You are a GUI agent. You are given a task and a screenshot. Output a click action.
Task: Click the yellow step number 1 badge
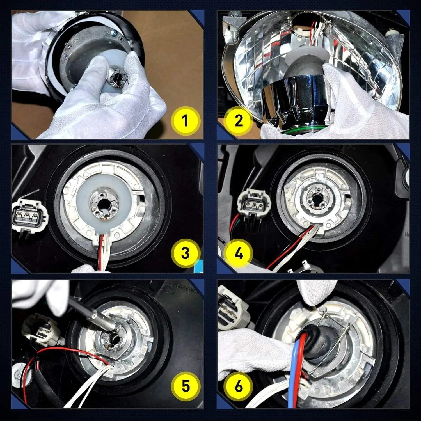pyautogui.click(x=185, y=121)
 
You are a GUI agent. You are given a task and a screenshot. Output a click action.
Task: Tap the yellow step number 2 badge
pyautogui.click(x=238, y=121)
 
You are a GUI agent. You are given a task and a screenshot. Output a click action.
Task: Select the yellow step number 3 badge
pyautogui.click(x=185, y=253)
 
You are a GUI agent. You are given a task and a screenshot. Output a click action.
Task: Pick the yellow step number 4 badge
pyautogui.click(x=238, y=253)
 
